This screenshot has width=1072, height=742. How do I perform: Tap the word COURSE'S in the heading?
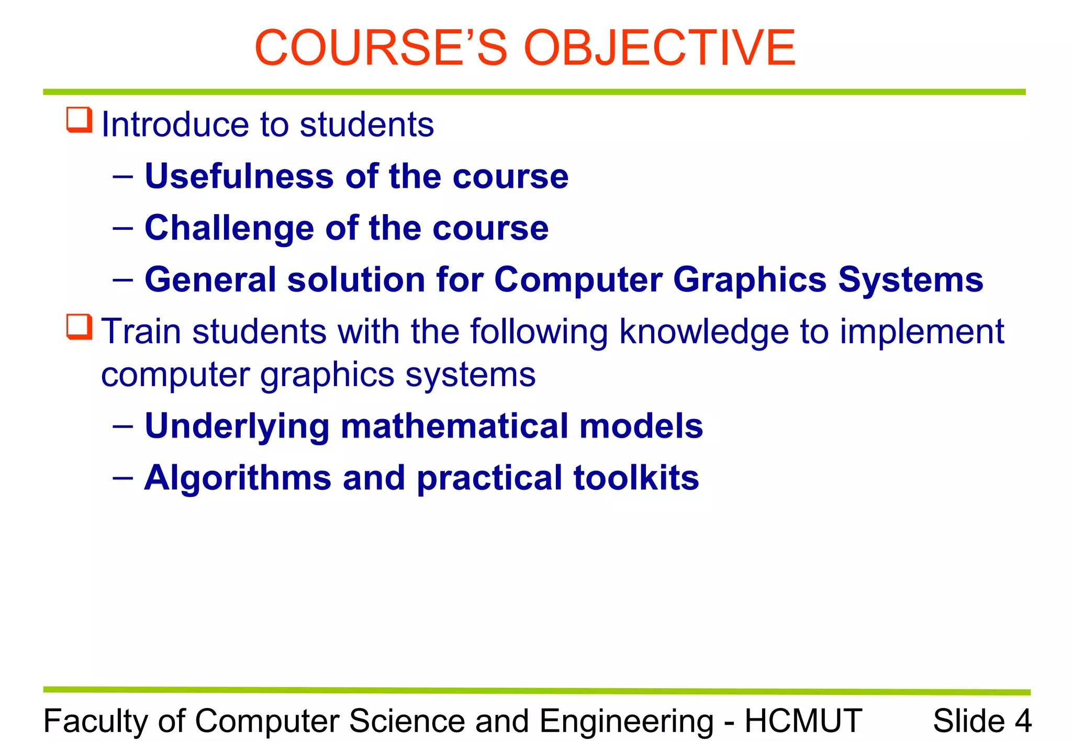click(381, 48)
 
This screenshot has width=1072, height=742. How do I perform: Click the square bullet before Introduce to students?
click(80, 120)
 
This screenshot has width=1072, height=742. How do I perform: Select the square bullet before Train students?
click(80, 327)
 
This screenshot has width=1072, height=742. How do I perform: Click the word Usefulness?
click(239, 176)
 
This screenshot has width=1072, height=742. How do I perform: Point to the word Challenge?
click(229, 228)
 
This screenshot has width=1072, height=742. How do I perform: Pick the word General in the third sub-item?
click(210, 279)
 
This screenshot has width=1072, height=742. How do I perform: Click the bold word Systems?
click(910, 280)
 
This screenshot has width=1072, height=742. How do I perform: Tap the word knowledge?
click(703, 332)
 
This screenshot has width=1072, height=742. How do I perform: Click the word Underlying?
click(237, 426)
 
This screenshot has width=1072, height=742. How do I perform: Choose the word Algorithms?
click(238, 478)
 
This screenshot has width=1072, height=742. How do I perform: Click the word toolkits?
click(636, 478)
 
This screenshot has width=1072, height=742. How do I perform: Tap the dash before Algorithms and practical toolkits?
click(122, 477)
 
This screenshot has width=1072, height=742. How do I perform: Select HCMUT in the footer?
click(803, 721)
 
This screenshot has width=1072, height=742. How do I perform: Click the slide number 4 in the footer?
click(1023, 721)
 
